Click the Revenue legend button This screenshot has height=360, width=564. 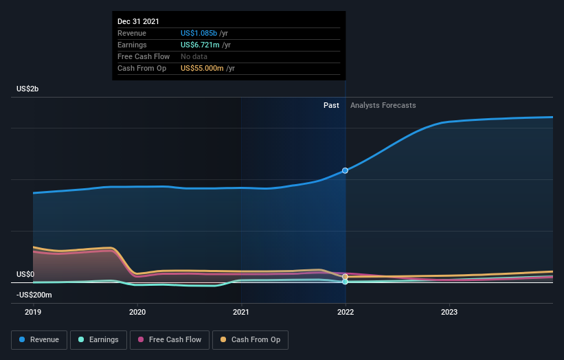click(x=40, y=339)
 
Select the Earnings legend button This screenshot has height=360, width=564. click(x=98, y=339)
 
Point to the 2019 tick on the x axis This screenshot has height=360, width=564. click(x=33, y=312)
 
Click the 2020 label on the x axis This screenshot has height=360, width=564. click(x=137, y=312)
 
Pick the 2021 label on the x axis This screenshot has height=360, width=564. click(x=241, y=312)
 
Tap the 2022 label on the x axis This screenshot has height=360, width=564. click(x=345, y=312)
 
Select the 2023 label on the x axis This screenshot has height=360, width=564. click(x=449, y=312)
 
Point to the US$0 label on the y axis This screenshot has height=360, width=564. click(x=25, y=274)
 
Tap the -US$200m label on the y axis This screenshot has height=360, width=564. click(x=34, y=295)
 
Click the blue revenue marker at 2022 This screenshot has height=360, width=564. click(x=345, y=170)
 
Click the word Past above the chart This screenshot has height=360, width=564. click(x=331, y=105)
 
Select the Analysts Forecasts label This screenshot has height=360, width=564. click(x=383, y=105)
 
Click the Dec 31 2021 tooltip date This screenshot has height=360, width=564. click(x=138, y=21)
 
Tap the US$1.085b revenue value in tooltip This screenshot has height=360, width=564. click(x=199, y=33)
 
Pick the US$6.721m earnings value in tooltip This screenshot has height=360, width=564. click(x=200, y=45)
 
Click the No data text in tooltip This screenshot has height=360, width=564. click(x=195, y=56)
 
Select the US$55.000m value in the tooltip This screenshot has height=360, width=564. click(x=203, y=68)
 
